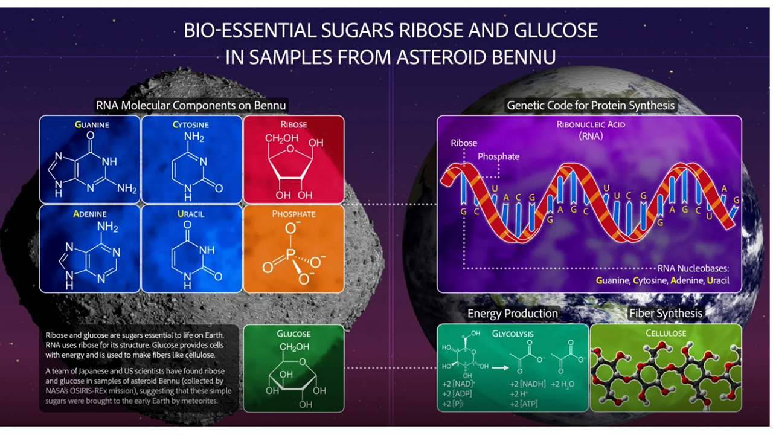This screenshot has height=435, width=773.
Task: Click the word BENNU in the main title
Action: point(524,57)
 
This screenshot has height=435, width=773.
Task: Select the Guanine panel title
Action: point(92,124)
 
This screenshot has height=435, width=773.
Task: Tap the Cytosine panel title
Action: point(190,124)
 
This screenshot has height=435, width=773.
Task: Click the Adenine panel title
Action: point(90,214)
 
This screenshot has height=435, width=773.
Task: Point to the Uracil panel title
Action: point(190,214)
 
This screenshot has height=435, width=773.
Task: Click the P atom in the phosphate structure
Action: point(290,255)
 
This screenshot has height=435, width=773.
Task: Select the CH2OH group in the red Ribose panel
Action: point(281,138)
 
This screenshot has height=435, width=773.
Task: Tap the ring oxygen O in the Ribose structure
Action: point(290,149)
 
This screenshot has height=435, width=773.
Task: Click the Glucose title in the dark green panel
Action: point(293,334)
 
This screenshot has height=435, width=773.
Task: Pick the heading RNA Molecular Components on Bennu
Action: point(191,105)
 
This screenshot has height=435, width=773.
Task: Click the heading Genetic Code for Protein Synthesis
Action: point(591,105)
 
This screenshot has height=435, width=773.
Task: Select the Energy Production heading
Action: point(513,314)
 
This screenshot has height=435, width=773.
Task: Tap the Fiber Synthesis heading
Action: point(666,314)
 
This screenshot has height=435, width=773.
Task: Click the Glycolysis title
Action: point(513,334)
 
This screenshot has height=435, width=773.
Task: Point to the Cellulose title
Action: point(666,333)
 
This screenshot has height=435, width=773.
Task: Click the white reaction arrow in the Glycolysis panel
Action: point(500,368)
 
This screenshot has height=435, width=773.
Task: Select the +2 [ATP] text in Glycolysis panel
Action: point(524,404)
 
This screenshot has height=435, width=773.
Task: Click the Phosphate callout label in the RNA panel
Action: point(498,156)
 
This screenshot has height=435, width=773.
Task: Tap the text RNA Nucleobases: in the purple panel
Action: point(693,269)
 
